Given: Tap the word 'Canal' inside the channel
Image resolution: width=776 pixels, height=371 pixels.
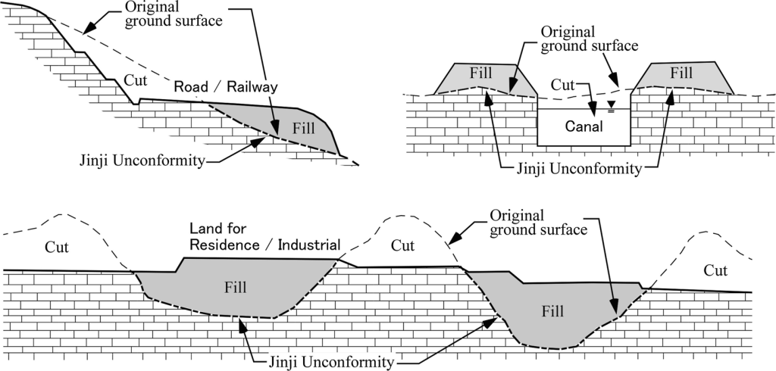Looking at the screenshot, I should click(x=584, y=126).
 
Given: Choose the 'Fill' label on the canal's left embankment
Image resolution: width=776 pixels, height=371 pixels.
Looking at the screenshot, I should click(x=480, y=74).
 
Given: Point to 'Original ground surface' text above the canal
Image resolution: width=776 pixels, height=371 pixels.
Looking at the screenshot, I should click(x=587, y=39).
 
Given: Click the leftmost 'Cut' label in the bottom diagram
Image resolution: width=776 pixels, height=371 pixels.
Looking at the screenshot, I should click(x=57, y=246).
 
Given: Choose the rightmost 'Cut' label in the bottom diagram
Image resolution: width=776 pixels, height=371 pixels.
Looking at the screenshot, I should click(x=716, y=270).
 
